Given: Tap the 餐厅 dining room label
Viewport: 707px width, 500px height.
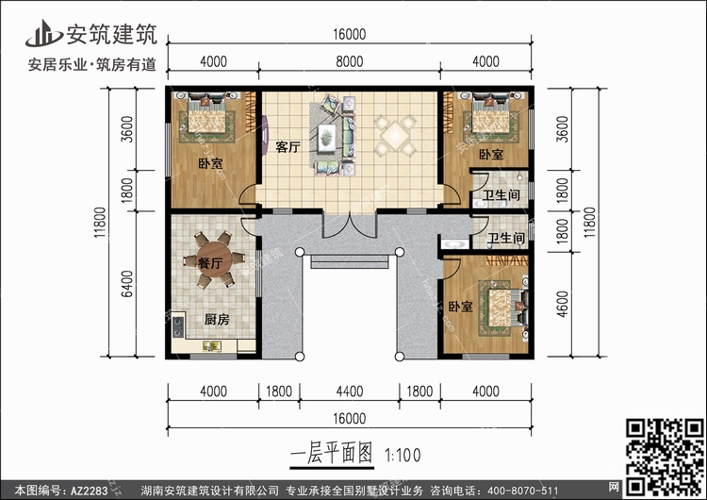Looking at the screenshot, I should point(210,263).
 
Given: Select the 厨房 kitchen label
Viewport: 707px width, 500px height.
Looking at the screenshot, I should point(217,320).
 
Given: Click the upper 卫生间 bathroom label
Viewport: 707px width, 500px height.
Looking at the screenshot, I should point(501,196).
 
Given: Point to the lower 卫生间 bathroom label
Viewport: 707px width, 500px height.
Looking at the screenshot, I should point(506,238).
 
